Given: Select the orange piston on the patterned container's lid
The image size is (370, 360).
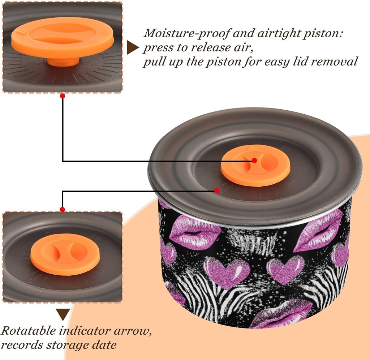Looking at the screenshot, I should click(255, 165).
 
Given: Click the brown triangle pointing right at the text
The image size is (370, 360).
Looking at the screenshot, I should click(133, 47).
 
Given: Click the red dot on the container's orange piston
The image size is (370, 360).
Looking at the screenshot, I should click(254, 160).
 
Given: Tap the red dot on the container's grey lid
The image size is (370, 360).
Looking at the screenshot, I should click(217, 190).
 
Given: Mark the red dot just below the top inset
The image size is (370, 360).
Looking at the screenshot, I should click(63, 96).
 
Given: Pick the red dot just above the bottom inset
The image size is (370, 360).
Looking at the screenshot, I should click(63, 209).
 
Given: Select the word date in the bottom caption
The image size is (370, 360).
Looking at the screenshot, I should click(107, 345).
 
